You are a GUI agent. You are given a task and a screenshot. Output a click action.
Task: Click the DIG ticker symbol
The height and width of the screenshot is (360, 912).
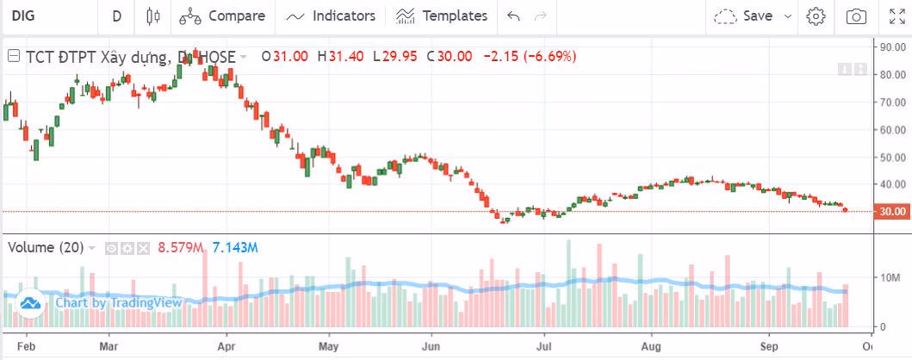[x=22, y=16]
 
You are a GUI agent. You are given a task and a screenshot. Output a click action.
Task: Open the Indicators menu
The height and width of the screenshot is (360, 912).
[x=332, y=16]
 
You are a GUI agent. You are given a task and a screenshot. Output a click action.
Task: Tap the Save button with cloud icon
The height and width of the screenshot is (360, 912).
[x=747, y=16]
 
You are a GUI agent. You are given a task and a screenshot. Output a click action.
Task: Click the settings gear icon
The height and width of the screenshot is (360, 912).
[x=816, y=16]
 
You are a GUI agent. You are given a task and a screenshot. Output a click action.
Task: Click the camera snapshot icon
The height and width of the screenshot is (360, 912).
[x=856, y=16]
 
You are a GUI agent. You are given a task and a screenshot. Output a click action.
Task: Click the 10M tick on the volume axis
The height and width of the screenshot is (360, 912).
[x=889, y=277]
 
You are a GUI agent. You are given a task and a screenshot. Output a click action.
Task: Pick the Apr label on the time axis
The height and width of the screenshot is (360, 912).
[x=226, y=348]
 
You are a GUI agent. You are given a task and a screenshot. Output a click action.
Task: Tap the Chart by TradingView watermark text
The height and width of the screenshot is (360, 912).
[x=119, y=302]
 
